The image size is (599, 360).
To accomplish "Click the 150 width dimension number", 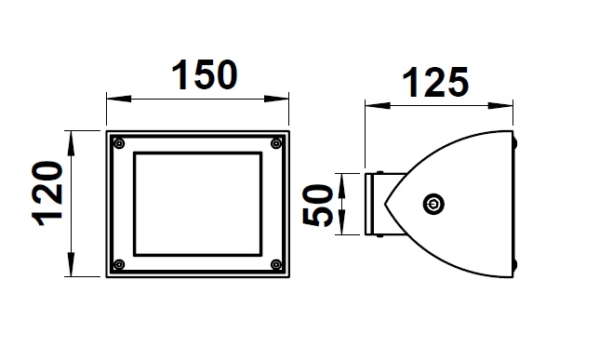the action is coord(205,75).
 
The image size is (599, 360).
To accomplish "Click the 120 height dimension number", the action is coord(47,193).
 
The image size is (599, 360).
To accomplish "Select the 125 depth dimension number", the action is coord(435,82).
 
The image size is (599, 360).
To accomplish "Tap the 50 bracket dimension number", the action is coord(317,206).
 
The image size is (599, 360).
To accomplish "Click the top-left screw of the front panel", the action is coord(120,143).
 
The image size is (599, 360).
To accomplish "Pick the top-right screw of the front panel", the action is coord(276,143).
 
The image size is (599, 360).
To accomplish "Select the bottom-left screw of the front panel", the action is coord(120,264).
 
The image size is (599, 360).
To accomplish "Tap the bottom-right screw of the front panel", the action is coord(276,264).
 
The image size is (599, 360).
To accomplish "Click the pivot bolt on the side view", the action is coord(433,204).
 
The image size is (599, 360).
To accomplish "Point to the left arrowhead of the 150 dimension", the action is coord(118,99).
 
